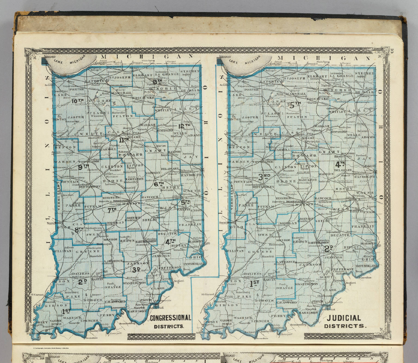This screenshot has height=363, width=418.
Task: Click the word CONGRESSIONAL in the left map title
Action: tap(170, 318)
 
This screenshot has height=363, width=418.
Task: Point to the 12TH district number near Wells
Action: tap(184, 126)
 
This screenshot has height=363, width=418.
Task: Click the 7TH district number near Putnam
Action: tap(112, 210)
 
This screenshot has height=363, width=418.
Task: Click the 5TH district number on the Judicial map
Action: tap(295, 104)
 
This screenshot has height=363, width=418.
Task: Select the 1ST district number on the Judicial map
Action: tap(254, 284)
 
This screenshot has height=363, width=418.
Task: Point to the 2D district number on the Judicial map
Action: tap(329, 248)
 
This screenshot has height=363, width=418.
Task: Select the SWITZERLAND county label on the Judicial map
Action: tap(366, 265)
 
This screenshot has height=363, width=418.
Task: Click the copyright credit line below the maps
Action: tap(51, 348)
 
